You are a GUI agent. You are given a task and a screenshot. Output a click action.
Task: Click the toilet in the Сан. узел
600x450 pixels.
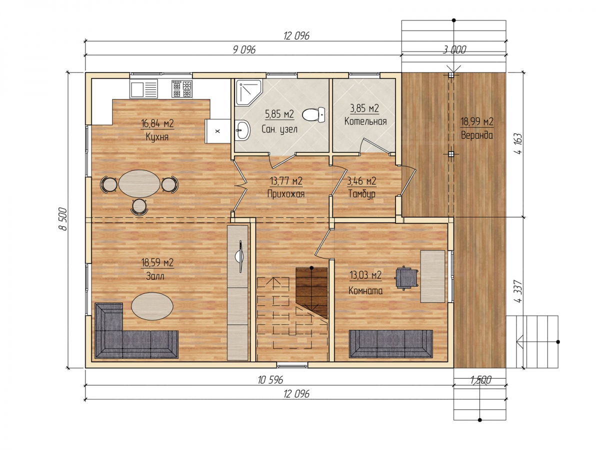tap(313, 115)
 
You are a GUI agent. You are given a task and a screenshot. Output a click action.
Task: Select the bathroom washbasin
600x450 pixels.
tap(242, 130)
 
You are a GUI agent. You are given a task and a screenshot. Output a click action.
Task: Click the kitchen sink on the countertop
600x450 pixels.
tap(144, 88)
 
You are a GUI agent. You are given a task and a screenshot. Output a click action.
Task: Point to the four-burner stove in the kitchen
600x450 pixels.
tap(182, 88)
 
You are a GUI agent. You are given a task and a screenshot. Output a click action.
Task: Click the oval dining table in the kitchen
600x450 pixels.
tap(139, 183)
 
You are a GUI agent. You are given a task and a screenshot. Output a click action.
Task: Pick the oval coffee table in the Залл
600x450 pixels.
tap(152, 306)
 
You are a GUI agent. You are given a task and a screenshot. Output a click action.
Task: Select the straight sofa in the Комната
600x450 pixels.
tap(390, 343)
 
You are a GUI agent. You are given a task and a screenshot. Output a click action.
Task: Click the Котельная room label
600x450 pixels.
tap(365, 121)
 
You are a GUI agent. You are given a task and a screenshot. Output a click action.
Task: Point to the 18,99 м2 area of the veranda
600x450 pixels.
tap(476, 121)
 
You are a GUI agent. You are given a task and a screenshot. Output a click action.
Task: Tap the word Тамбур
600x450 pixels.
tap(361, 193)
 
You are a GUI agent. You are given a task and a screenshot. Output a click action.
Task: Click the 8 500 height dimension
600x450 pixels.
tap(63, 219)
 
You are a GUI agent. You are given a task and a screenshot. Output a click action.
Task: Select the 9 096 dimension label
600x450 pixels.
tap(244, 49)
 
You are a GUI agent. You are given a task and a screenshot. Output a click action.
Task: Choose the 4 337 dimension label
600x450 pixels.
tap(518, 291)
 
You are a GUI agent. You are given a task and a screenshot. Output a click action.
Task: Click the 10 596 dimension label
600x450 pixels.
tap(270, 380)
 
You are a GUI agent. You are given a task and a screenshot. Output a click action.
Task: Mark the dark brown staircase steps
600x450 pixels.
tap(311, 292)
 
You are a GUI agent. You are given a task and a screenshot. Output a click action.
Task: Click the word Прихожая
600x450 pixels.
tap(286, 193)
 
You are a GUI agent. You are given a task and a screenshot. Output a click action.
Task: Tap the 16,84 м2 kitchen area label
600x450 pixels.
tap(157, 123)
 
